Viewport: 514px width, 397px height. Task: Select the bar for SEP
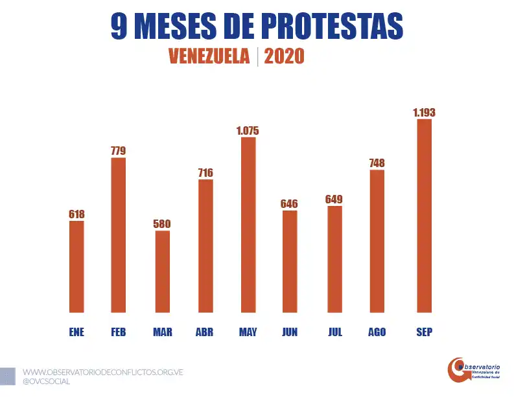pos(424,216)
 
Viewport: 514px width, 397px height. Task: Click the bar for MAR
pos(162,271)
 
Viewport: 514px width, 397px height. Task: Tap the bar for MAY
pos(248,225)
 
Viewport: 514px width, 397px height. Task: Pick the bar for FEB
pos(118,235)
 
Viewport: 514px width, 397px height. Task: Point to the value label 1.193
pos(424,113)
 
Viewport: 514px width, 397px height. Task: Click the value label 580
pos(162,224)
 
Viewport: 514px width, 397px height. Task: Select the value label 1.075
pos(248,131)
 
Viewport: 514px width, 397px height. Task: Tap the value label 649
pos(334,199)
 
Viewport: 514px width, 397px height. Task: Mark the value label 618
pos(76,214)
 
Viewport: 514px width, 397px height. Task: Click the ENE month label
pos(76,332)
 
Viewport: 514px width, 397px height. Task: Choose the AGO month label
pos(377,332)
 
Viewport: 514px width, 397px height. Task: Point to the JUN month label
pos(290,332)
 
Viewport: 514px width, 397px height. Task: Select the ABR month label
pos(204,332)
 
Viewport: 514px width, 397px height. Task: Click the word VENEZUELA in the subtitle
pos(209,57)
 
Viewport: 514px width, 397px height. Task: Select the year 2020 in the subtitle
pos(284,57)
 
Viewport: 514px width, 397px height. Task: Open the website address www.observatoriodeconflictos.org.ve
pos(103,372)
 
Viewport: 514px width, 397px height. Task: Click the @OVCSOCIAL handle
pos(47,381)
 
